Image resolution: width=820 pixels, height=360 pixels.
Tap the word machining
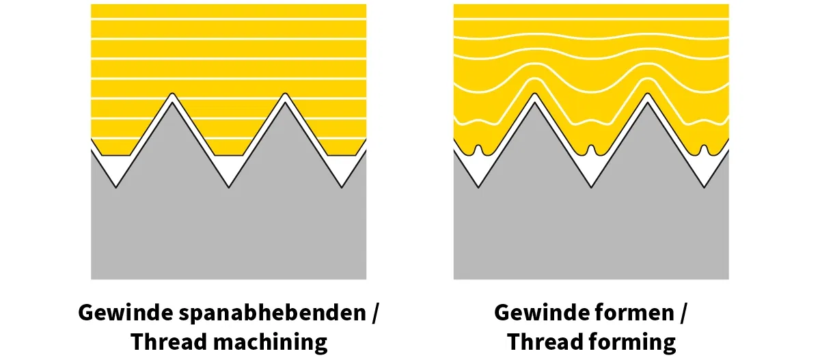(x=266, y=341)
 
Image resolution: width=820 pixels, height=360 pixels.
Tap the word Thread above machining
(x=163, y=341)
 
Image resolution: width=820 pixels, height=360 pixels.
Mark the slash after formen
(x=683, y=314)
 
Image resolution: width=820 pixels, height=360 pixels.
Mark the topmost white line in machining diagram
(x=228, y=20)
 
